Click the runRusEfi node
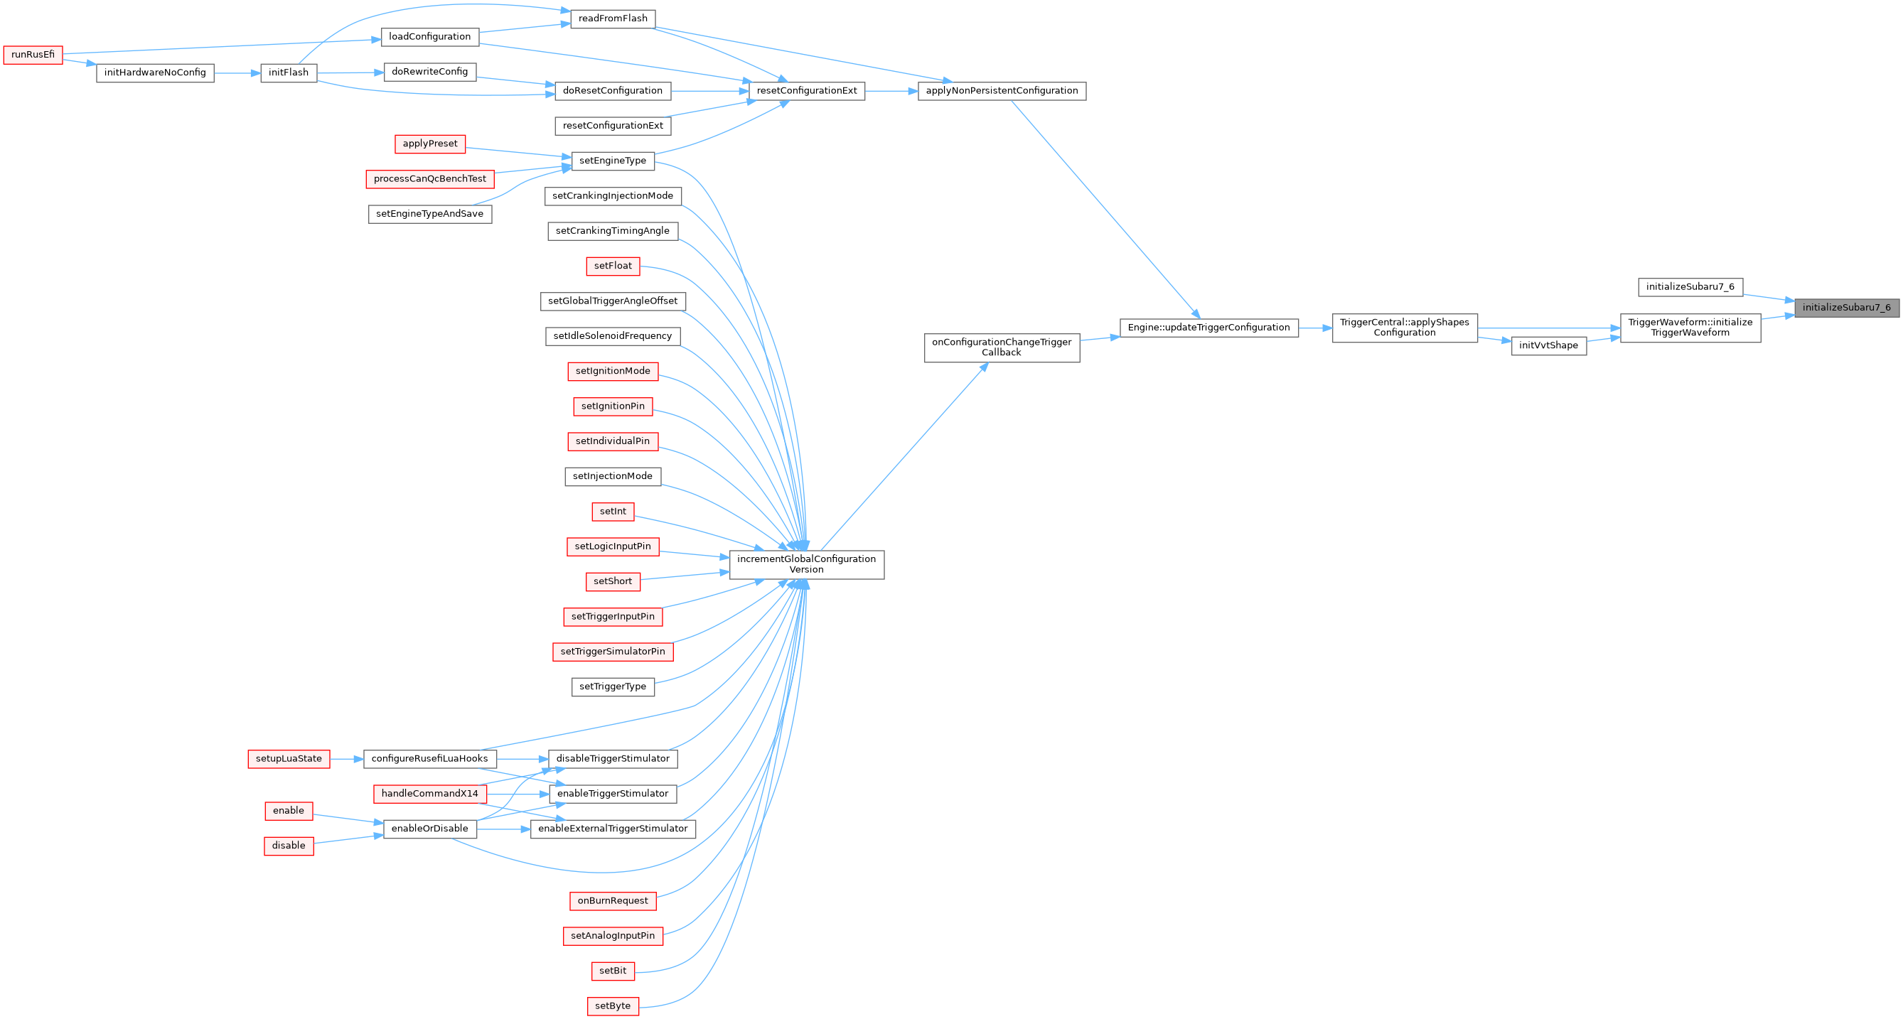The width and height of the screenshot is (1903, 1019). point(33,55)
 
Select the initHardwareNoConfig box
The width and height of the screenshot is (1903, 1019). point(155,73)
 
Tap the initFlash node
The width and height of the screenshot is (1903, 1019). point(288,73)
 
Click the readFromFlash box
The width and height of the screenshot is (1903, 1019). point(613,18)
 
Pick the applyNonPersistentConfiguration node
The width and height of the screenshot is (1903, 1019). point(1001,91)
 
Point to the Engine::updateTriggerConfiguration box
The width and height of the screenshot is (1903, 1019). point(1208,328)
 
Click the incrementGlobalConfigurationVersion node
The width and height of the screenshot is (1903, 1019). point(806,565)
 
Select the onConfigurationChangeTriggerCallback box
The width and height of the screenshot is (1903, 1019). point(1001,347)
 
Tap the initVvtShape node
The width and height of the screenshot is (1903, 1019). point(1548,345)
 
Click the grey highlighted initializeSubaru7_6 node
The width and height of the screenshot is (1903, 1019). point(1846,308)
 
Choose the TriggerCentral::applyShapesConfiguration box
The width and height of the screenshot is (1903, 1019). point(1405,328)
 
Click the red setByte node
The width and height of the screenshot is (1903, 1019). point(613,1006)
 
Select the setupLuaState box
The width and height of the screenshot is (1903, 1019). point(288,759)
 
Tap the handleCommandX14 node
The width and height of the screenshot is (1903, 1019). point(429,794)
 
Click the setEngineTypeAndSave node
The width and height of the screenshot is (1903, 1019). point(429,214)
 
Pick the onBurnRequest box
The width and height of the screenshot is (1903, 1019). point(613,901)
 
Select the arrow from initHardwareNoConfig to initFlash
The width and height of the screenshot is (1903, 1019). point(237,73)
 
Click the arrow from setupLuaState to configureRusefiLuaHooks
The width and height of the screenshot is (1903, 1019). point(345,759)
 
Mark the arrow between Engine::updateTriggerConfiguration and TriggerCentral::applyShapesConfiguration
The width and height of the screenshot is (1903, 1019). point(1315,328)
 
